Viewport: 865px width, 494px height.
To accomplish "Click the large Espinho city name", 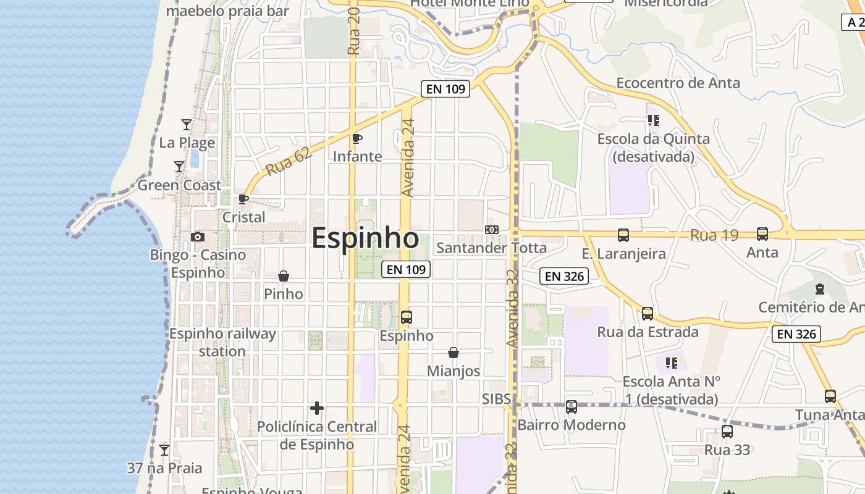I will click(x=365, y=238).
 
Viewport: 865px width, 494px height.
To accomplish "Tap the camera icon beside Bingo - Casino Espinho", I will click(x=198, y=237).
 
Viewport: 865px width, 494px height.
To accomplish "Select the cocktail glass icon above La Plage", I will click(x=186, y=124).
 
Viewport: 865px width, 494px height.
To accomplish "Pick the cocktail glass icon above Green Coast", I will click(x=179, y=167).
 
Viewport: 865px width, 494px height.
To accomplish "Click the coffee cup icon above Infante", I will click(x=357, y=138).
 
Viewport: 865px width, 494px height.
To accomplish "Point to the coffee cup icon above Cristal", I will click(x=243, y=199).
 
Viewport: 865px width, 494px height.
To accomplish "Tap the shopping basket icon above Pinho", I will click(x=284, y=275).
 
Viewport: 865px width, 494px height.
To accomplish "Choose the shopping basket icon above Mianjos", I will click(x=454, y=353).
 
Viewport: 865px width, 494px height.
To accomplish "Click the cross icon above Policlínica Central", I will click(x=317, y=408).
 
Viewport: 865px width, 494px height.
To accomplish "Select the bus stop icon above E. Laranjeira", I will click(x=623, y=235).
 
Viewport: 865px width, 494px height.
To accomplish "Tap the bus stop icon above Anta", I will click(x=762, y=234).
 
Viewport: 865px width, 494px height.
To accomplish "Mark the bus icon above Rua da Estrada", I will click(x=648, y=314).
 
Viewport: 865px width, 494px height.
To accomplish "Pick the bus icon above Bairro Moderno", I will click(x=572, y=407).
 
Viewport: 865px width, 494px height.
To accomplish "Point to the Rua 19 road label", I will click(x=714, y=235).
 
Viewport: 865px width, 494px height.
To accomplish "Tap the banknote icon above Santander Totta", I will click(x=492, y=230).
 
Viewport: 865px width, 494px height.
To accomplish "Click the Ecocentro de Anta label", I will click(x=678, y=83).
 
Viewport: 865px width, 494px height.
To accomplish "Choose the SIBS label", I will click(x=497, y=399).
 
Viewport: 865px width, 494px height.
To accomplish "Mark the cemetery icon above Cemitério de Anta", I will click(x=819, y=288).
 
